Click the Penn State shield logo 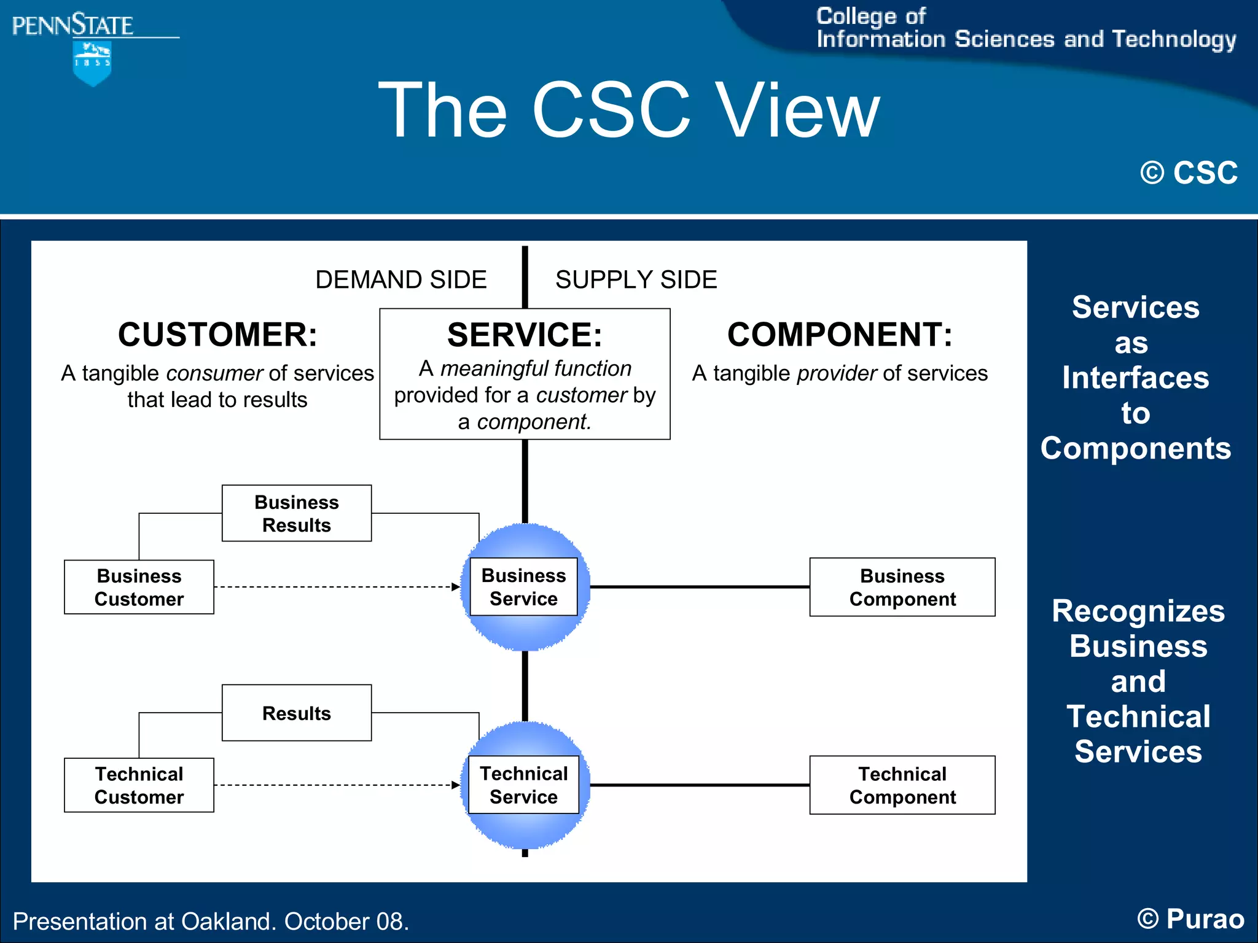coord(92,63)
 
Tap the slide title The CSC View coord(628,111)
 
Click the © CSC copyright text coord(1189,173)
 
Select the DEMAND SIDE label coord(400,280)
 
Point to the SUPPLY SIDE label coord(636,280)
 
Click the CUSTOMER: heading coord(217,335)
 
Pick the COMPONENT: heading coord(840,335)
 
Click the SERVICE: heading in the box coord(525,335)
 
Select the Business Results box coord(296,513)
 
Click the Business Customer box coord(139,587)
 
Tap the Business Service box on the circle coord(523,587)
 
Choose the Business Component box coord(902,587)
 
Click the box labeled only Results coord(296,713)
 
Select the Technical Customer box coord(139,785)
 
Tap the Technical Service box coord(523,785)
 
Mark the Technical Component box coord(902,785)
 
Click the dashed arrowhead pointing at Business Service coord(456,587)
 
